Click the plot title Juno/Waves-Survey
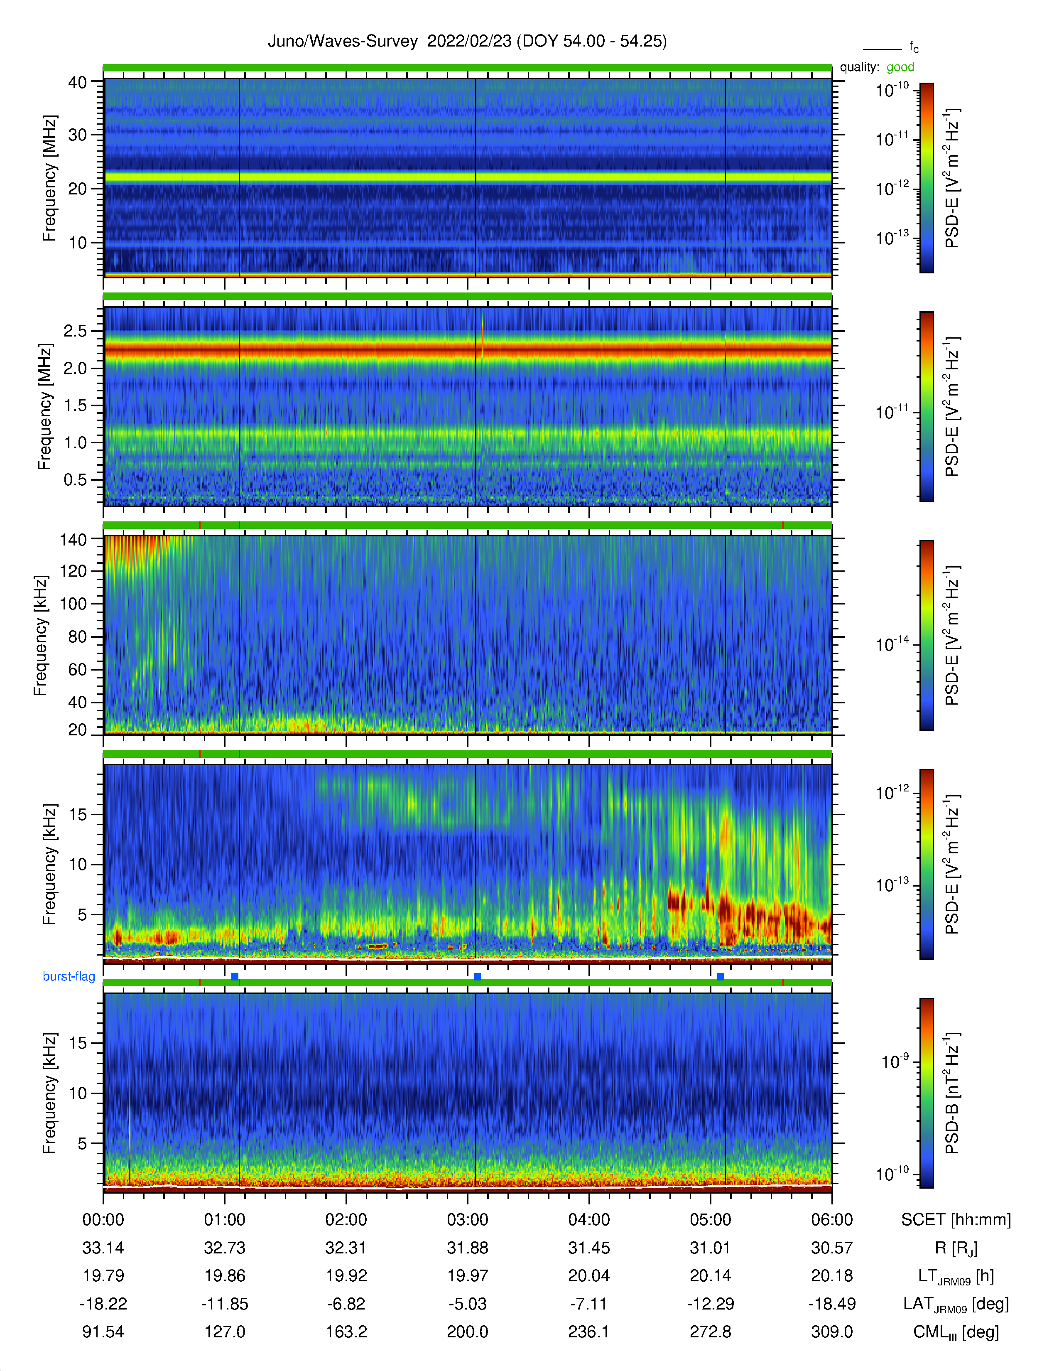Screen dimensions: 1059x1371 tap(343, 42)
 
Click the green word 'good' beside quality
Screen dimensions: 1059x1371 tap(900, 67)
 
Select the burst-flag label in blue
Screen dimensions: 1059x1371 tap(69, 976)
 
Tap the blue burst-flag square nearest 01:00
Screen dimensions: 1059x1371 tap(235, 977)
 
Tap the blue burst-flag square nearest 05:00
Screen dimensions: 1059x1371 tap(720, 977)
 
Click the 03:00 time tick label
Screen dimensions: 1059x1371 tap(467, 1220)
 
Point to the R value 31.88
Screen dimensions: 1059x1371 tap(467, 1248)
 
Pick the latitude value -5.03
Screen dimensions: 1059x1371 tap(467, 1304)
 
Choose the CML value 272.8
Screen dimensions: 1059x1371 tap(710, 1332)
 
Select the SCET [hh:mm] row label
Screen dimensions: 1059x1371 tap(956, 1220)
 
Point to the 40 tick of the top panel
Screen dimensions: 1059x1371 tap(78, 82)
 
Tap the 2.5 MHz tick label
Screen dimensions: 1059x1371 tap(75, 331)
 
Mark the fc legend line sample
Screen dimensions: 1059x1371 tap(882, 49)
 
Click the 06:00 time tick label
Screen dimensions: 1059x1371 tap(832, 1220)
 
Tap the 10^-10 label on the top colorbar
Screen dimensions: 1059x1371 tap(892, 90)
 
